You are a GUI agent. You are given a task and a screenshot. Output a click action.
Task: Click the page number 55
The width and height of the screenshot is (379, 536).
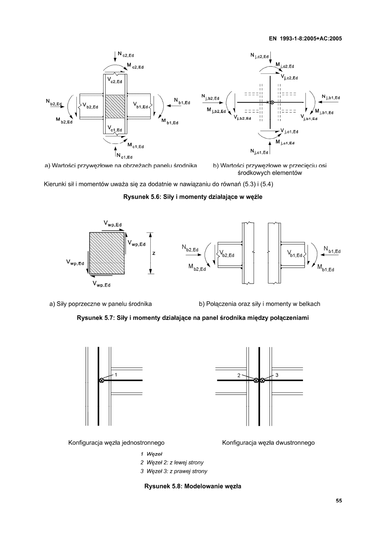pos(339,500)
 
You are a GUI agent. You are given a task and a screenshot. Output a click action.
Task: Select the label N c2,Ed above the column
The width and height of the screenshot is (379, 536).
pos(126,55)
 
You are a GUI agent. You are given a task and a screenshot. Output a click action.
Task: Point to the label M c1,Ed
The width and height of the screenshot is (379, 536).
pos(135,146)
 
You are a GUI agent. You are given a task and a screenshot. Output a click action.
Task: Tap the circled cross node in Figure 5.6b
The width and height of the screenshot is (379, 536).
pos(272,103)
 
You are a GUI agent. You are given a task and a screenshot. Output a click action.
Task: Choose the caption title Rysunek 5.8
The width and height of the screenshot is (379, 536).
pos(190,486)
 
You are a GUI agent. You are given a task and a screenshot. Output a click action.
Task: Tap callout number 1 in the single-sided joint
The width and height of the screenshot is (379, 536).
pos(116,375)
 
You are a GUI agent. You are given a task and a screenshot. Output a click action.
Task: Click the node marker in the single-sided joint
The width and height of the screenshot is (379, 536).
pos(101,380)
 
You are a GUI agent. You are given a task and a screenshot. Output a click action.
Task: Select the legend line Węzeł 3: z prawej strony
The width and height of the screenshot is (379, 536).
pos(174,471)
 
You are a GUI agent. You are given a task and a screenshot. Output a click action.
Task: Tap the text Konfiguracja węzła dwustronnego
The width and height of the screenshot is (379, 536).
pos(268,443)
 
